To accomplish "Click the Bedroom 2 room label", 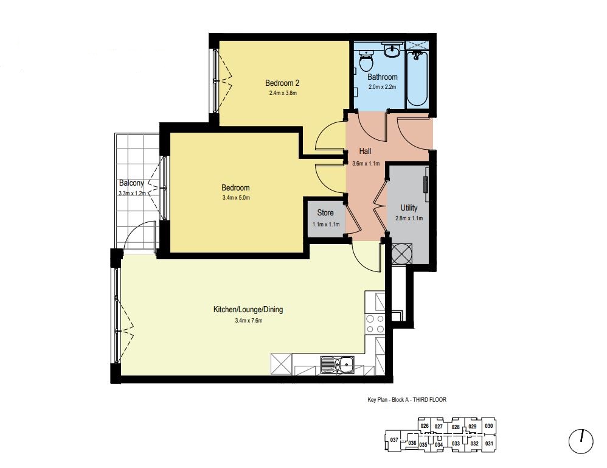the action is [x=282, y=83].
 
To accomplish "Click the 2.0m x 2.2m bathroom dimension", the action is [x=383, y=87].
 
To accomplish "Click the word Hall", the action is [x=365, y=151].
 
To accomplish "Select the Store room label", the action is [x=325, y=212].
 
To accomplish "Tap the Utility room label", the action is [x=409, y=208].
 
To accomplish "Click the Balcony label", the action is [x=131, y=183].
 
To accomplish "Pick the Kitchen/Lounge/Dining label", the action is [x=248, y=310].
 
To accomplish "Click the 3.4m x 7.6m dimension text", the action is [x=249, y=321].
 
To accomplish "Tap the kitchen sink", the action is [x=337, y=365].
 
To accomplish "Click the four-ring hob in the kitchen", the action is [x=375, y=324].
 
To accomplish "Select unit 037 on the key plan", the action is [x=394, y=440].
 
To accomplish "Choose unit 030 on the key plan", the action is [x=489, y=426].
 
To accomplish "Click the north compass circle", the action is [x=581, y=441].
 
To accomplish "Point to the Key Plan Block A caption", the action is [x=407, y=400].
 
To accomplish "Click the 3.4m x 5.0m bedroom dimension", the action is [x=236, y=198].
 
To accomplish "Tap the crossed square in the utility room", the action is [x=402, y=254].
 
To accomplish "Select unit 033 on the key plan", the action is [x=456, y=444].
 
